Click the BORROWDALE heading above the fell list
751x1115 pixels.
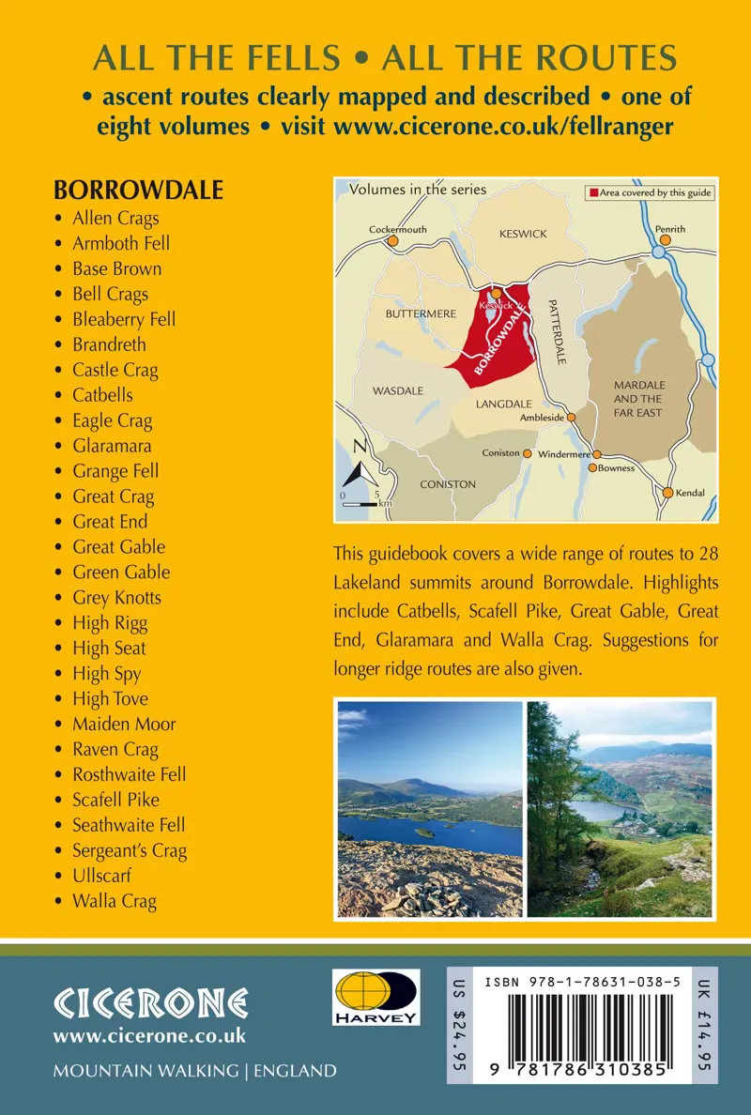pyautogui.click(x=138, y=190)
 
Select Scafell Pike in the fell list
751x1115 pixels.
pyautogui.click(x=115, y=800)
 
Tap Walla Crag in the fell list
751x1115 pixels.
pyautogui.click(x=115, y=901)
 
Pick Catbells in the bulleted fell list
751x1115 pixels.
pyautogui.click(x=102, y=395)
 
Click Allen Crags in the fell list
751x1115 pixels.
pyautogui.click(x=115, y=218)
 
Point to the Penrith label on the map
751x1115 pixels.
pyautogui.click(x=670, y=229)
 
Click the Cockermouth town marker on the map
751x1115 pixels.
pyautogui.click(x=393, y=241)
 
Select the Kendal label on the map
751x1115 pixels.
pyautogui.click(x=690, y=493)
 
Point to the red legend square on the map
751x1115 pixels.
pyautogui.click(x=593, y=192)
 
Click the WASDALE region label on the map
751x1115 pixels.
pyautogui.click(x=397, y=390)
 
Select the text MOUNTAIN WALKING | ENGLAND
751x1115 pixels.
pyautogui.click(x=194, y=1071)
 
